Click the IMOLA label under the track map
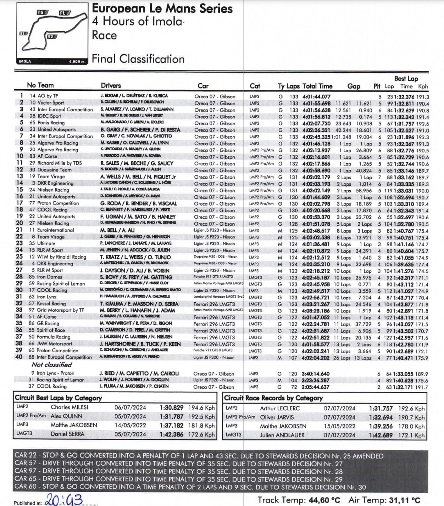click(25, 61)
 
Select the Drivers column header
click(111, 85)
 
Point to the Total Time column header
click(317, 86)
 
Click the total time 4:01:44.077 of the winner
click(316, 96)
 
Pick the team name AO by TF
click(48, 96)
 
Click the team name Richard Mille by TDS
click(60, 163)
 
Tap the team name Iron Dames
click(50, 277)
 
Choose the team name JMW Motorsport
click(55, 344)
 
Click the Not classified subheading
click(52, 365)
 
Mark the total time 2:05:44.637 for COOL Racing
click(315, 387)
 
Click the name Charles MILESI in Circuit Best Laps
click(69, 407)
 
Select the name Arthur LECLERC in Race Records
click(279, 408)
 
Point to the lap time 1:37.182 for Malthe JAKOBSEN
click(171, 425)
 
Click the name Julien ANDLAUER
click(282, 435)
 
